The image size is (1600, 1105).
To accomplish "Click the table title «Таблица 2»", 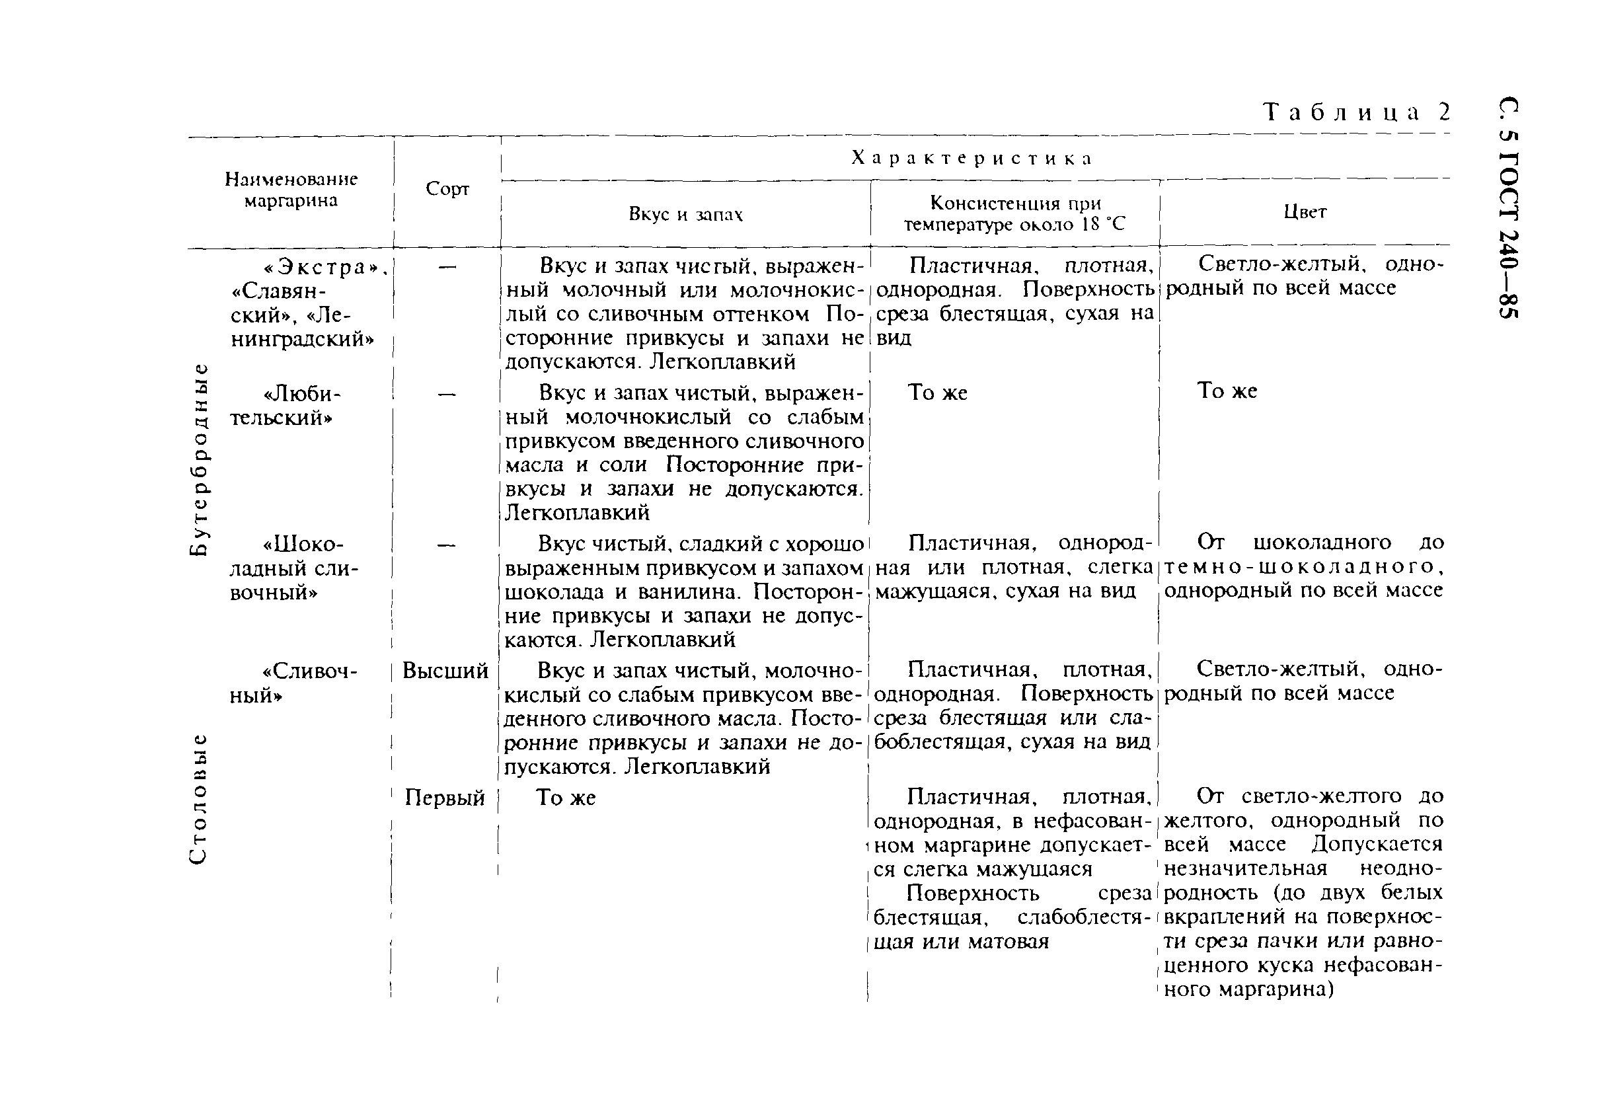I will (x=1355, y=112).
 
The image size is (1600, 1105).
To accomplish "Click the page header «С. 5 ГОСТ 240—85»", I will (x=1509, y=207).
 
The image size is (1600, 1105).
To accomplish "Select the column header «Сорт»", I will (x=447, y=189).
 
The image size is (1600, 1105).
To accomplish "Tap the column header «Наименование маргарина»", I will (x=291, y=190).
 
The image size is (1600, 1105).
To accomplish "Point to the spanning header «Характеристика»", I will (x=972, y=158).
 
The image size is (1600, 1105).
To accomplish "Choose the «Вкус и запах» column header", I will (x=685, y=214).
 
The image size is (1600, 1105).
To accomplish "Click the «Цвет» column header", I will (x=1305, y=212).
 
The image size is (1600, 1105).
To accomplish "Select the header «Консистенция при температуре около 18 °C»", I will (x=1014, y=214).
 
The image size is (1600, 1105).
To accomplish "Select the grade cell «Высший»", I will (x=445, y=671).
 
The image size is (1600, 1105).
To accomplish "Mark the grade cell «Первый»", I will (x=445, y=798).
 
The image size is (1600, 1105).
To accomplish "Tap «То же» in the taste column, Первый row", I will (x=566, y=798).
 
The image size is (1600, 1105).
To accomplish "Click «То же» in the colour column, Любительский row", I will (x=1227, y=391).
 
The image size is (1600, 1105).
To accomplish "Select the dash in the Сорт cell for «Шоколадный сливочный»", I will (x=447, y=545).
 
